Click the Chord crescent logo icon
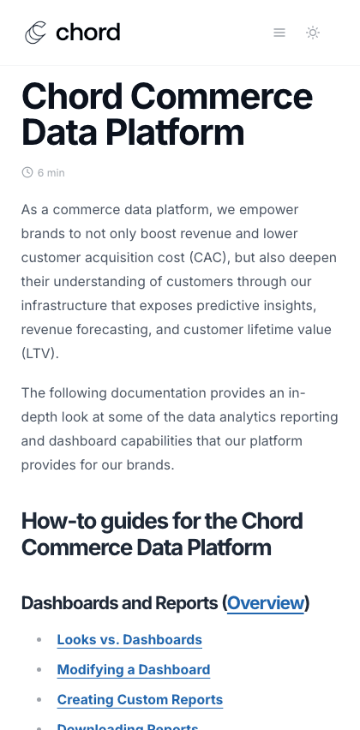(x=36, y=33)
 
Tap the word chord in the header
(x=87, y=33)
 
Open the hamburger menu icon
(x=279, y=33)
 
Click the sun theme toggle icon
(x=313, y=33)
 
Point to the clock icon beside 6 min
(x=27, y=172)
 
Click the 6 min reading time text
(x=51, y=173)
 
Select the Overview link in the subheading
(x=265, y=602)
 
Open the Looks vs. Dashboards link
(x=129, y=639)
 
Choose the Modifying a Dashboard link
(x=134, y=669)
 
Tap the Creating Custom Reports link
(x=140, y=699)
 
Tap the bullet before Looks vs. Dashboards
(x=39, y=639)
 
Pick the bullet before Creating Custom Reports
(x=39, y=699)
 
